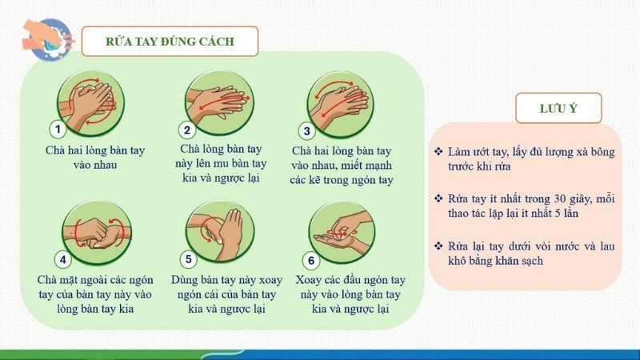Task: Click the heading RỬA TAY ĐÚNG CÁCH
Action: (x=170, y=41)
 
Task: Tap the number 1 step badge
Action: (x=58, y=130)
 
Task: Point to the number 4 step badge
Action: (x=64, y=259)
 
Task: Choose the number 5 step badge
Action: (x=189, y=259)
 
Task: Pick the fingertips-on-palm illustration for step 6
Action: (x=342, y=232)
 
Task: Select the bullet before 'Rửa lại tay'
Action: (x=438, y=244)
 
